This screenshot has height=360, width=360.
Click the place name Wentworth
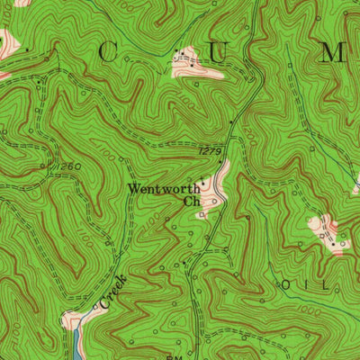(x=163, y=189)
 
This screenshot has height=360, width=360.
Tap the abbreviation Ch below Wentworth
(x=191, y=202)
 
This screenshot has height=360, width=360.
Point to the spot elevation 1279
(x=208, y=154)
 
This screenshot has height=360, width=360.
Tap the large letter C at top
(x=105, y=53)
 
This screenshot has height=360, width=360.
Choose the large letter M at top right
(x=334, y=53)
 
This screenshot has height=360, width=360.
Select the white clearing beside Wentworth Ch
(x=216, y=184)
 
